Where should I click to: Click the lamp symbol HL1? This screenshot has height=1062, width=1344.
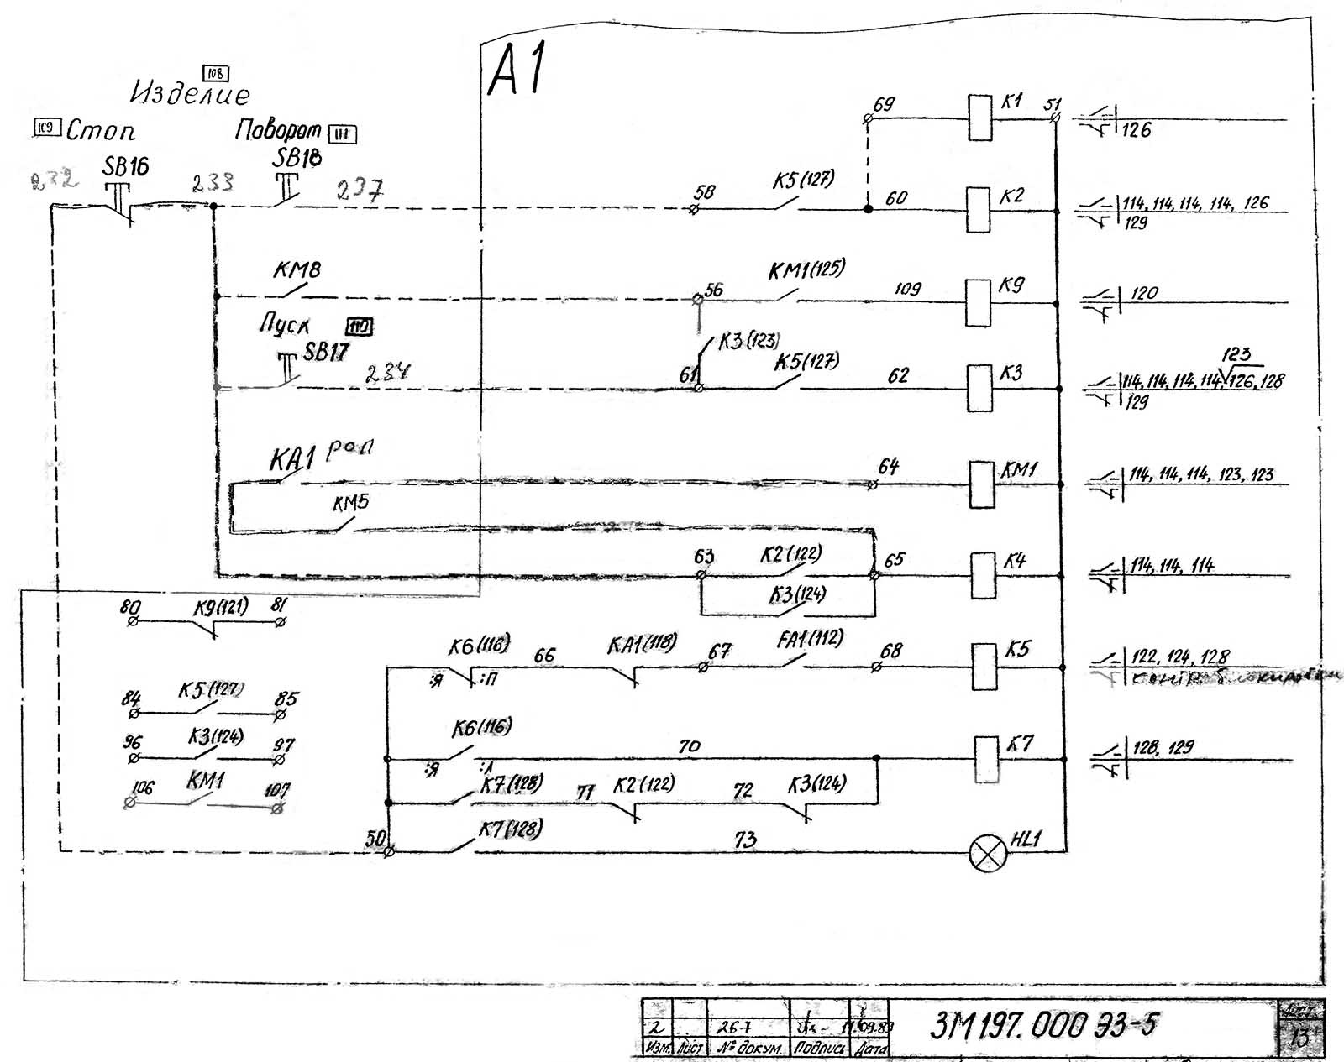pos(988,853)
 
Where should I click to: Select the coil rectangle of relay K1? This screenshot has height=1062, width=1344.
pos(980,118)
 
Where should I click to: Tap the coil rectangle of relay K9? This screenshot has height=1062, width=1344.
pos(979,302)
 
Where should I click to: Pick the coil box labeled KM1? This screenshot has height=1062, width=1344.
pos(982,484)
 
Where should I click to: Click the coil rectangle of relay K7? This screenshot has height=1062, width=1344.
pos(986,759)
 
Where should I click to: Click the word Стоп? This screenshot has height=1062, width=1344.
pos(100,131)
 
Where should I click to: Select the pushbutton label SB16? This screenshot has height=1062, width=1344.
pos(125,166)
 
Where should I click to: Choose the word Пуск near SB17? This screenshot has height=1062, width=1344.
pos(284,325)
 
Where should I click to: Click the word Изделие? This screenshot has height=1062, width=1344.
pos(190,93)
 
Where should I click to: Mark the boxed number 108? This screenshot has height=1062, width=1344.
pos(216,74)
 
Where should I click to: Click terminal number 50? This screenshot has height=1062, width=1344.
pos(375,838)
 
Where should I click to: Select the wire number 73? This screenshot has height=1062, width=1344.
pos(745,840)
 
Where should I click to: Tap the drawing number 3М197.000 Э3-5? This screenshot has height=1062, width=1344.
pos(1044,1026)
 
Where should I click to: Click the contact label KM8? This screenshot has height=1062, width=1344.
pos(297,270)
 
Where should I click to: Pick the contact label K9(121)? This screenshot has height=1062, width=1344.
pos(221,607)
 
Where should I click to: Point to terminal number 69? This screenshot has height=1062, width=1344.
pos(884,105)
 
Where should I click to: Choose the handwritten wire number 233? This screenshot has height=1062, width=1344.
pos(212,183)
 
